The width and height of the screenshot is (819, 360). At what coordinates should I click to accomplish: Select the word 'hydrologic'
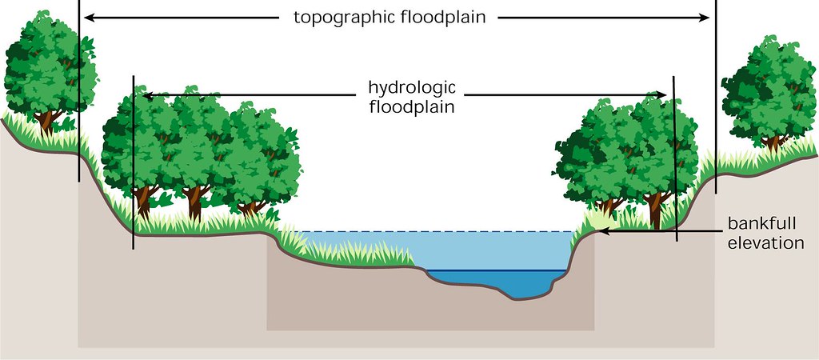pos(412,86)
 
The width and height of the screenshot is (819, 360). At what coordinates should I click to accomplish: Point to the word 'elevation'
pos(765,242)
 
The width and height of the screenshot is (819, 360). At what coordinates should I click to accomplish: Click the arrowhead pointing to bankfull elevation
pos(604,231)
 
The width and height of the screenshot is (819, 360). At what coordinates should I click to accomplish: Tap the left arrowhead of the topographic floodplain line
pos(88,17)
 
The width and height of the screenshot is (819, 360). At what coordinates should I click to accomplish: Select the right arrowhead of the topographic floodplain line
pos(706,17)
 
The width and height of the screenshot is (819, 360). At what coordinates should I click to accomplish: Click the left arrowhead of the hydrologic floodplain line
pos(143,95)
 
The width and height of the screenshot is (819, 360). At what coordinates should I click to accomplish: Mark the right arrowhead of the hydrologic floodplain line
pos(663,95)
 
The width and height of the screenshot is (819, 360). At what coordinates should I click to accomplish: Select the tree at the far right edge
pos(768,88)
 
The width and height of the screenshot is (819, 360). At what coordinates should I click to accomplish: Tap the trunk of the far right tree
pos(773,142)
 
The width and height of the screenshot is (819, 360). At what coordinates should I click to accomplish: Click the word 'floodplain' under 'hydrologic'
pos(412,106)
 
